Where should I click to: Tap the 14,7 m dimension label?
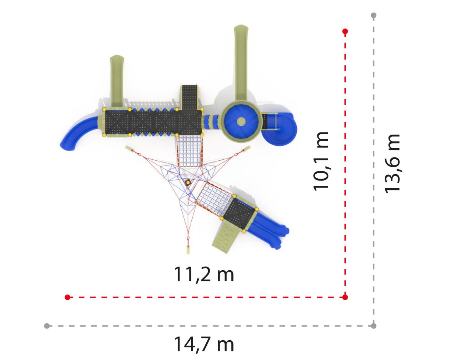[x=204, y=344]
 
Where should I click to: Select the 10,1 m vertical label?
[x=321, y=161]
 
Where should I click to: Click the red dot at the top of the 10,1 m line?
[x=345, y=32]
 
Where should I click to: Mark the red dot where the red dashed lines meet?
[x=345, y=297]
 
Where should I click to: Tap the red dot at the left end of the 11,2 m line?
[x=67, y=297]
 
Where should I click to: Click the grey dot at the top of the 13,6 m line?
[x=374, y=15]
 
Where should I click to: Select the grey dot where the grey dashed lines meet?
[x=374, y=326]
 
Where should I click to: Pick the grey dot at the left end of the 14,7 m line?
[x=47, y=326]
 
